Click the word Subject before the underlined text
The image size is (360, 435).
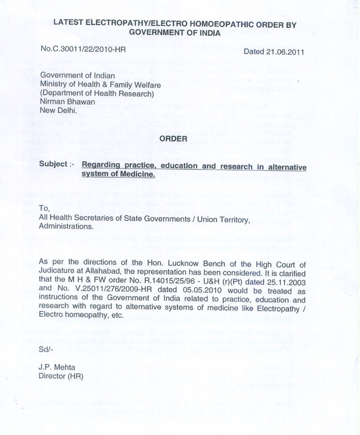click(57, 165)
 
